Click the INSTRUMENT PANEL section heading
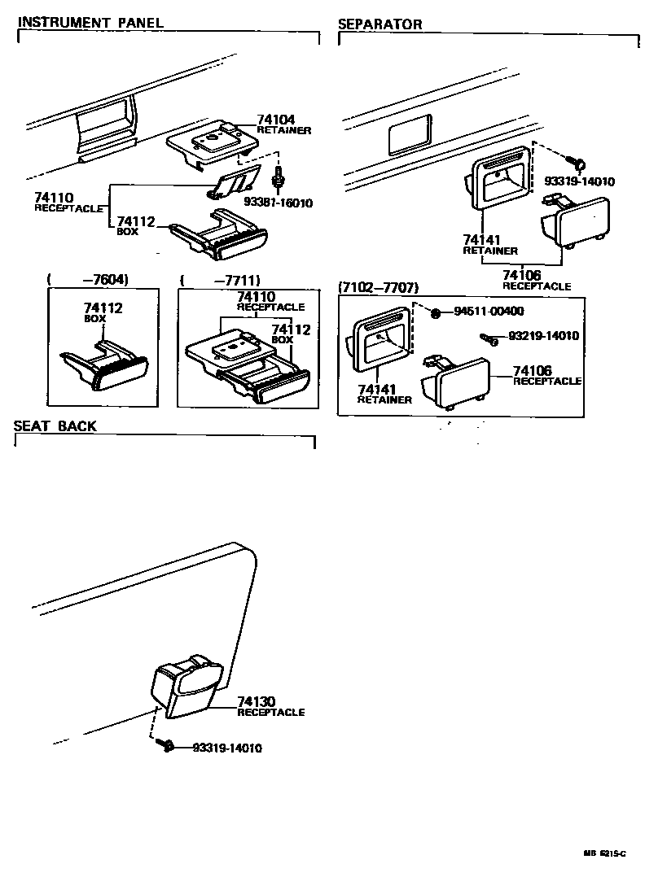point(90,23)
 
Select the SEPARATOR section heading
point(380,24)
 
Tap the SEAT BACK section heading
point(55,426)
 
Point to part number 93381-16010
point(279,203)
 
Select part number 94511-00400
point(489,311)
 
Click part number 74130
point(257,701)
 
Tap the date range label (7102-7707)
point(378,288)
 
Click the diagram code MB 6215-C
point(603,853)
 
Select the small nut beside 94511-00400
point(437,312)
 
